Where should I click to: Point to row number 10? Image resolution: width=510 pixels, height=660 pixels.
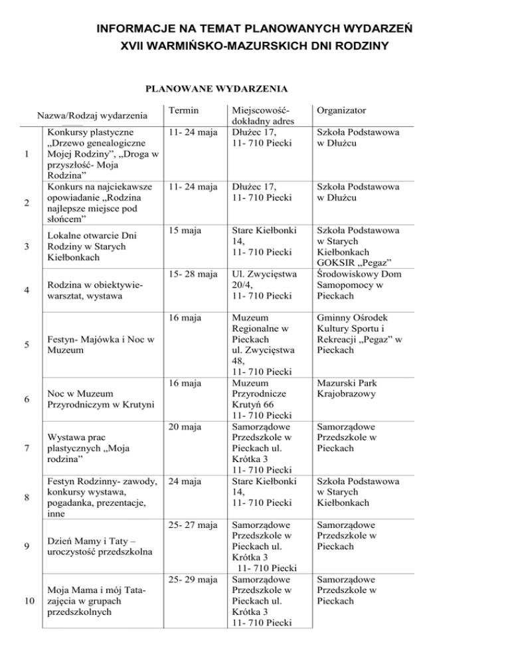tap(25, 602)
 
